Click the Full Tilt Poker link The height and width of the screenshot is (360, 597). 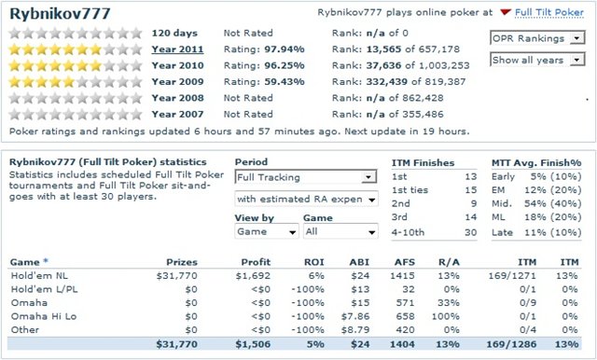(x=549, y=12)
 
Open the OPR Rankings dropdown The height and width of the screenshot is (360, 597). (x=537, y=38)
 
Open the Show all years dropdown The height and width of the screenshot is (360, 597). (x=537, y=60)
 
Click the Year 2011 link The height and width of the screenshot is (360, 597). (x=177, y=49)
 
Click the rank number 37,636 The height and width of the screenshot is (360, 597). (x=383, y=65)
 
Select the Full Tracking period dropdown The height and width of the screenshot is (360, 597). (x=306, y=177)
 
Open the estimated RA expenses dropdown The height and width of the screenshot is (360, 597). (x=307, y=199)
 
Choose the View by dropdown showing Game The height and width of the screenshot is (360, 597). (x=266, y=231)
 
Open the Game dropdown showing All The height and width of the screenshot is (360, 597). (x=340, y=231)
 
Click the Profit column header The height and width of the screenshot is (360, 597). (x=256, y=262)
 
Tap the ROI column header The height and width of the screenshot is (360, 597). (x=313, y=262)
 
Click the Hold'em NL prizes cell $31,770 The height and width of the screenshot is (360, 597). (x=176, y=275)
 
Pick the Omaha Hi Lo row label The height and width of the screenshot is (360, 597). (x=44, y=316)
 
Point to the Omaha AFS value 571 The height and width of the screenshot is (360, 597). (x=405, y=302)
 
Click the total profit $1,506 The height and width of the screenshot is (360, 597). (x=253, y=344)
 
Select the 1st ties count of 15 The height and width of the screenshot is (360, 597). (x=471, y=190)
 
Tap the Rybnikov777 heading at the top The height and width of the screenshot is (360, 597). (x=60, y=14)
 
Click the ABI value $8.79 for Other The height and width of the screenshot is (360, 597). (x=355, y=329)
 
